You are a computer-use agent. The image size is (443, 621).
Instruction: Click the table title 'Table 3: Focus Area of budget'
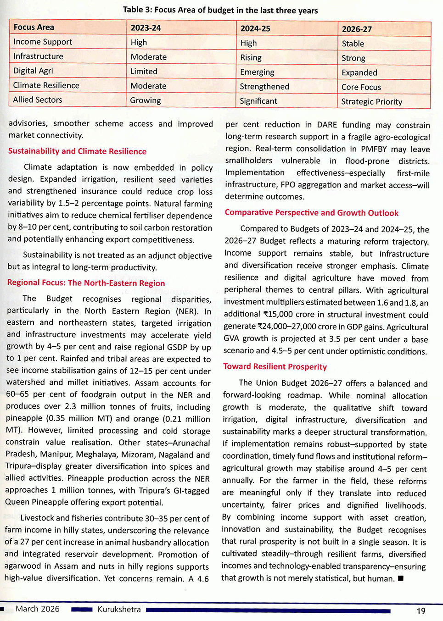pyautogui.click(x=220, y=10)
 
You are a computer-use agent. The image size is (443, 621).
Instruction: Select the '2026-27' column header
pyautogui.click(x=357, y=29)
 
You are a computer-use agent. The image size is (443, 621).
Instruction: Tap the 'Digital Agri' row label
pyautogui.click(x=33, y=71)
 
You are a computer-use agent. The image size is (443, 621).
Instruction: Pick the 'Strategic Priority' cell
pyautogui.click(x=371, y=101)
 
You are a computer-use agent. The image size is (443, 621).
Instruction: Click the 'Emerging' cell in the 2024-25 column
pyautogui.click(x=257, y=72)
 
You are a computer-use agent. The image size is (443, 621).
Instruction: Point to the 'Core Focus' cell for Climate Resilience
pyautogui.click(x=361, y=87)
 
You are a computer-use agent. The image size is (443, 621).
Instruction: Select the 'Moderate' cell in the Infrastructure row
pyautogui.click(x=148, y=57)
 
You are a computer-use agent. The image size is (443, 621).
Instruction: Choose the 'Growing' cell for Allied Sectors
pyautogui.click(x=145, y=100)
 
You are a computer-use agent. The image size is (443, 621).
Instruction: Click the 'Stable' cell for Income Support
pyautogui.click(x=353, y=44)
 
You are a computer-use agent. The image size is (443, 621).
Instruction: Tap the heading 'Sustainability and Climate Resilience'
pyautogui.click(x=77, y=151)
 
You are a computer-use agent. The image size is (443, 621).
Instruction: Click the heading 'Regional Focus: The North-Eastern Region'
pyautogui.click(x=86, y=283)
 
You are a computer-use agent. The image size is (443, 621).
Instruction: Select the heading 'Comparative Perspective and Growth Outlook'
pyautogui.click(x=311, y=213)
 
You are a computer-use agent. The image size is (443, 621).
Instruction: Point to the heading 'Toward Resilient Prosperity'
pyautogui.click(x=275, y=366)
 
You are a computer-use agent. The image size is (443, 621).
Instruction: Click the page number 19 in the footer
pyautogui.click(x=421, y=610)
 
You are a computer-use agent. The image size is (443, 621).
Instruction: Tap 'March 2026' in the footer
pyautogui.click(x=38, y=609)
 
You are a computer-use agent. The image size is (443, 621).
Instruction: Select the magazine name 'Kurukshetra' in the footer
pyautogui.click(x=119, y=610)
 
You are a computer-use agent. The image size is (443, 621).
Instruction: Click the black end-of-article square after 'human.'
pyautogui.click(x=401, y=578)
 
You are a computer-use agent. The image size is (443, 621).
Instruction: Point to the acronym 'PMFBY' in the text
pyautogui.click(x=374, y=149)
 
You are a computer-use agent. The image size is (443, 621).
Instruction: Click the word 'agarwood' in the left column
pyautogui.click(x=22, y=566)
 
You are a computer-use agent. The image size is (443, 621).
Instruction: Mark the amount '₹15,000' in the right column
pyautogui.click(x=280, y=315)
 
